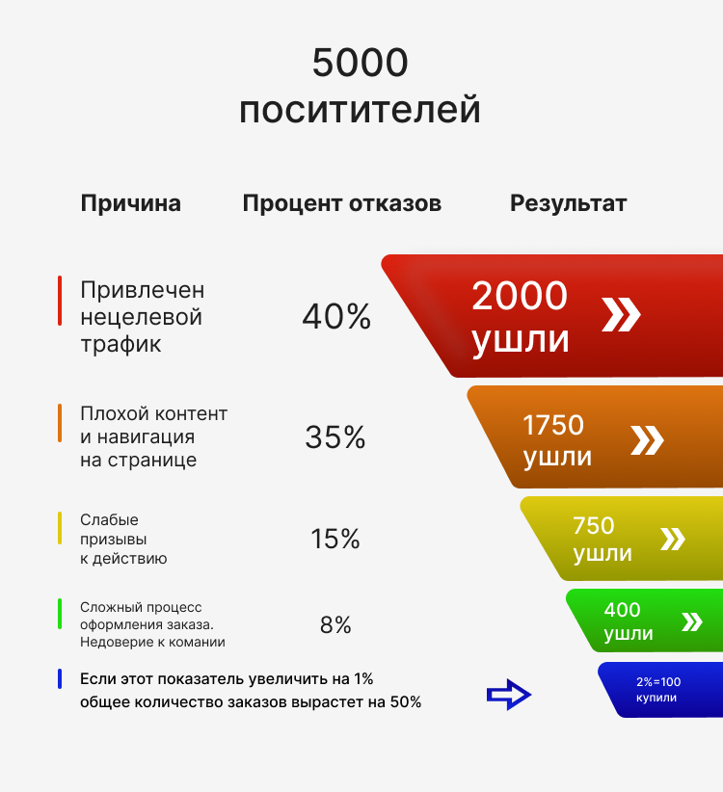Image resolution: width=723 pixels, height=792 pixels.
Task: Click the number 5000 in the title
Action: point(361,65)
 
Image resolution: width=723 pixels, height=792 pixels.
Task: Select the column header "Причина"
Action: point(130,203)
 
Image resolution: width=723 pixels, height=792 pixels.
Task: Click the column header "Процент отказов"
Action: point(342,203)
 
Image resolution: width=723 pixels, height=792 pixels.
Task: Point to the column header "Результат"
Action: point(568,203)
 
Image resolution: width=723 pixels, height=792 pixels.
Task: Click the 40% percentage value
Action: point(336,317)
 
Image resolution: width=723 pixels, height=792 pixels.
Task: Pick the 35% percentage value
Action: point(335,437)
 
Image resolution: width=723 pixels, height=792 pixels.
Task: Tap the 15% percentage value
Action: point(335,539)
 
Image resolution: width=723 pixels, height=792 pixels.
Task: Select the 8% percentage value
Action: point(335,625)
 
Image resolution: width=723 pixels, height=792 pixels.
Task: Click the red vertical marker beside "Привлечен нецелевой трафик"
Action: point(60,301)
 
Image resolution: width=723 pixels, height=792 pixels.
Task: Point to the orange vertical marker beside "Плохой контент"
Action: point(60,423)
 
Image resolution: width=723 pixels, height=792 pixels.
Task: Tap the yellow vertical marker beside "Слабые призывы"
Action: point(60,528)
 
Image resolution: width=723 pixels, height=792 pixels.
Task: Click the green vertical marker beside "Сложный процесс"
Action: point(60,614)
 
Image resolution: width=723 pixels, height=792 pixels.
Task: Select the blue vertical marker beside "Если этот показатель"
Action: point(60,679)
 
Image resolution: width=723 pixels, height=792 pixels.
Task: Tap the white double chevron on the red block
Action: point(621,314)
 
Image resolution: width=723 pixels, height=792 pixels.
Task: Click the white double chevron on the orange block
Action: point(647,440)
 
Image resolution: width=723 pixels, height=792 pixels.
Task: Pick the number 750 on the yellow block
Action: point(594,526)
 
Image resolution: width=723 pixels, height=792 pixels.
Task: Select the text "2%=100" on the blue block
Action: point(658,681)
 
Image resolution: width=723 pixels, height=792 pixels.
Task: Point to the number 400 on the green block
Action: point(622,610)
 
